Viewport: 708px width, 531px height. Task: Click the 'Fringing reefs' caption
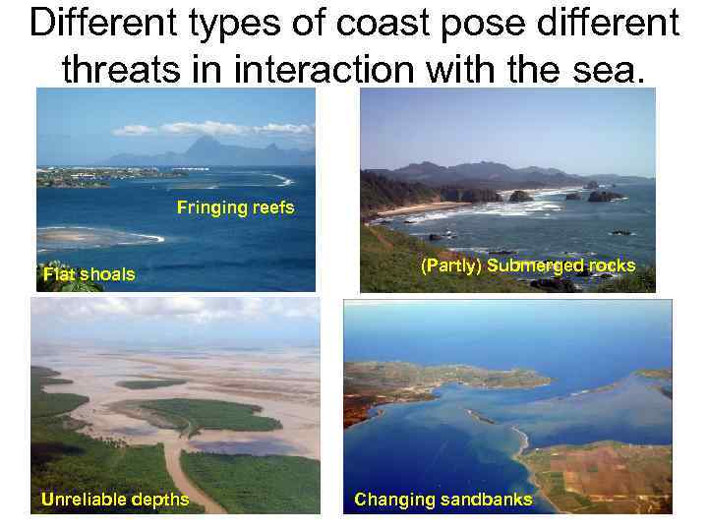(235, 207)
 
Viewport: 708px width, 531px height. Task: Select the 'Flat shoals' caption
(88, 274)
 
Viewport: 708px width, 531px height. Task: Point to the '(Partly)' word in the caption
(451, 265)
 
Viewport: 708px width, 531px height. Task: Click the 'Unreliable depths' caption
(114, 500)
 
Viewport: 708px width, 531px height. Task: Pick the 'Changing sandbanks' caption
(442, 500)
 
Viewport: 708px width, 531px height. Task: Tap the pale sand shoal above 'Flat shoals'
(93, 237)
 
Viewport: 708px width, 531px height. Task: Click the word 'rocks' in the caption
(612, 265)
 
